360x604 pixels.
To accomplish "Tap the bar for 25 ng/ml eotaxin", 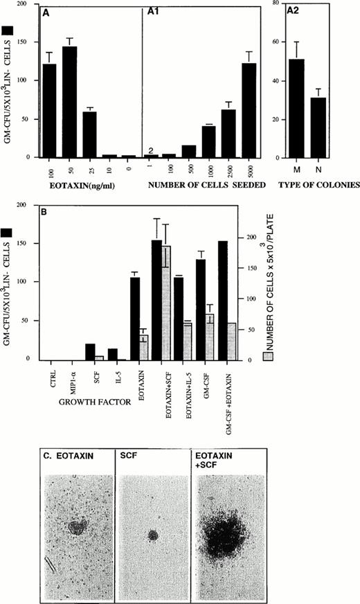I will click(x=89, y=134).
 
